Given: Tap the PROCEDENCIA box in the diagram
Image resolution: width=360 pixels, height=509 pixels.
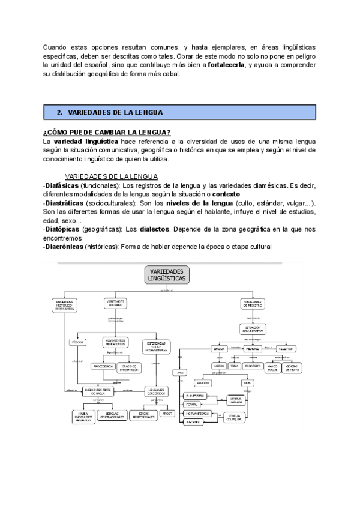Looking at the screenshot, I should point(103,366).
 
